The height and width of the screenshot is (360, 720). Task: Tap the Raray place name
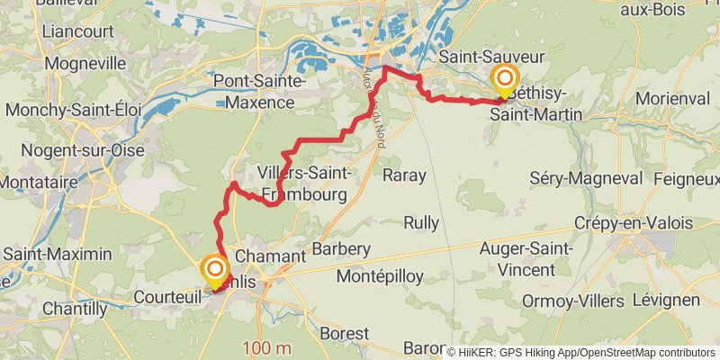pyautogui.click(x=403, y=175)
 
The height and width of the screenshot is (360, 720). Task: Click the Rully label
pyautogui.click(x=421, y=220)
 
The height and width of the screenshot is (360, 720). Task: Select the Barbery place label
pyautogui.click(x=341, y=248)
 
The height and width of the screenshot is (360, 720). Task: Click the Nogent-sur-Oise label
pyautogui.click(x=82, y=150)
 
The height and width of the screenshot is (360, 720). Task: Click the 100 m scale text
pyautogui.click(x=266, y=348)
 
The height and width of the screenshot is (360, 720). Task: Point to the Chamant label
pyautogui.click(x=271, y=256)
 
